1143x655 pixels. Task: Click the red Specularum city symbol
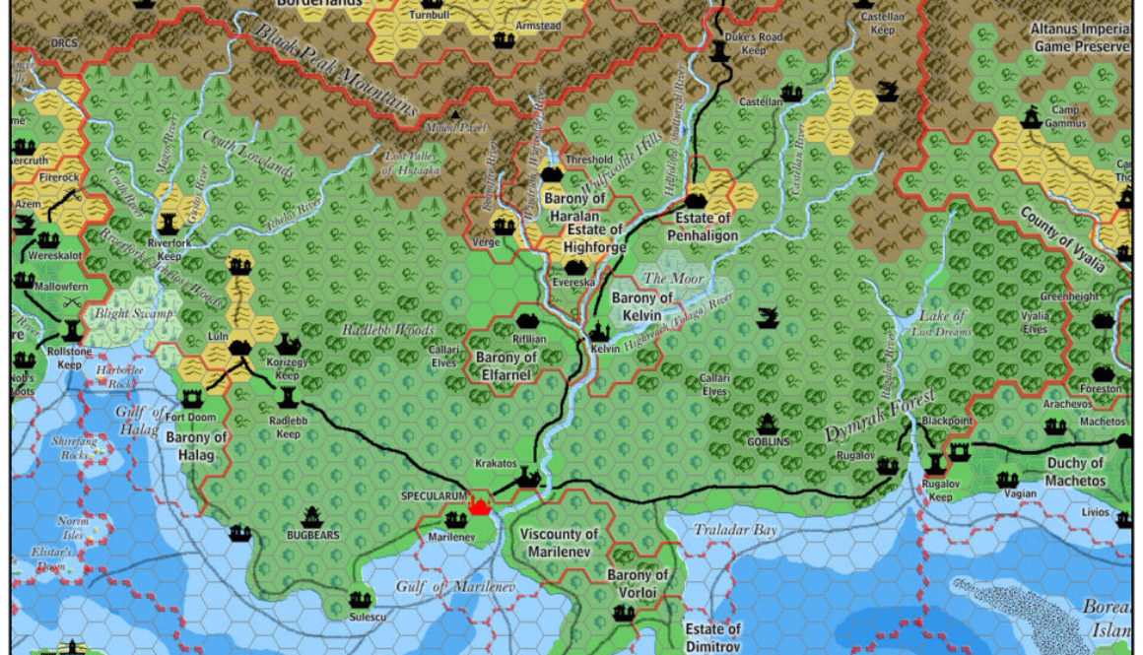(481, 505)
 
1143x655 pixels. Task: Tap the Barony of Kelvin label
(642, 305)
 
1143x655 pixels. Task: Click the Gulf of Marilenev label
(456, 587)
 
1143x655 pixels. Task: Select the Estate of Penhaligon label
(703, 227)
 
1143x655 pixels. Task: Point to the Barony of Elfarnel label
(506, 365)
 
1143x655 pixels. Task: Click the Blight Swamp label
(132, 313)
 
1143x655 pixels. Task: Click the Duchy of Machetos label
(1075, 472)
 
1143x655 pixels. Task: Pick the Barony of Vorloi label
(638, 583)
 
